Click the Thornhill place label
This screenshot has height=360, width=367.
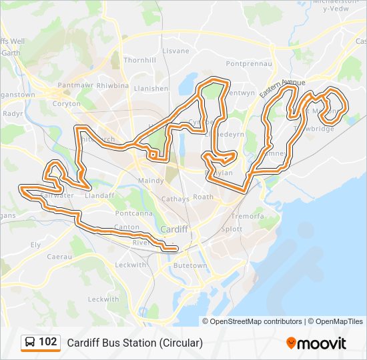[x=139, y=59]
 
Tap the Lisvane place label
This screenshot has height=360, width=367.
[x=175, y=51]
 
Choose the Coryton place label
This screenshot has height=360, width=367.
[x=67, y=103]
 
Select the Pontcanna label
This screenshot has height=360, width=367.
[x=133, y=213]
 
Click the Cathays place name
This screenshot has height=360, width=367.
[x=175, y=199]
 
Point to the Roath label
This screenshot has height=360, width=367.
[x=203, y=197]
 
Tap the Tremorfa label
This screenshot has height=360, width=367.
[x=247, y=217]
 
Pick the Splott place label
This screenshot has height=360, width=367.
[x=232, y=229]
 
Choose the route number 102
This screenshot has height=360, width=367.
[x=48, y=342]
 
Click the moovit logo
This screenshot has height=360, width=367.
[x=316, y=343]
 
